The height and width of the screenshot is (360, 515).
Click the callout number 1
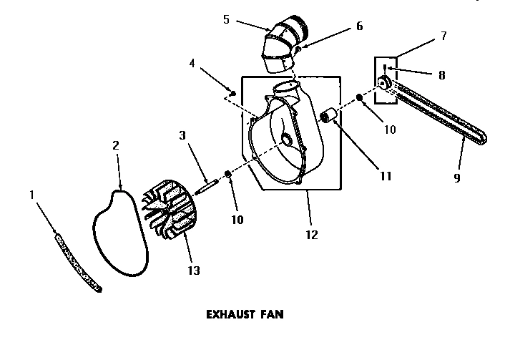pos(31,194)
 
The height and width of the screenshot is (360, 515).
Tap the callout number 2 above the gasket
pos(116,145)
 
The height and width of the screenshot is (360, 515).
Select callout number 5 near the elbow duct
pos(227,20)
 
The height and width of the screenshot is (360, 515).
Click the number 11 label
pos(386,175)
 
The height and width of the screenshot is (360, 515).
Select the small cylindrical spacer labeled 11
pos(330,116)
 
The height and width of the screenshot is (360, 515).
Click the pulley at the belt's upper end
pos(383,84)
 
